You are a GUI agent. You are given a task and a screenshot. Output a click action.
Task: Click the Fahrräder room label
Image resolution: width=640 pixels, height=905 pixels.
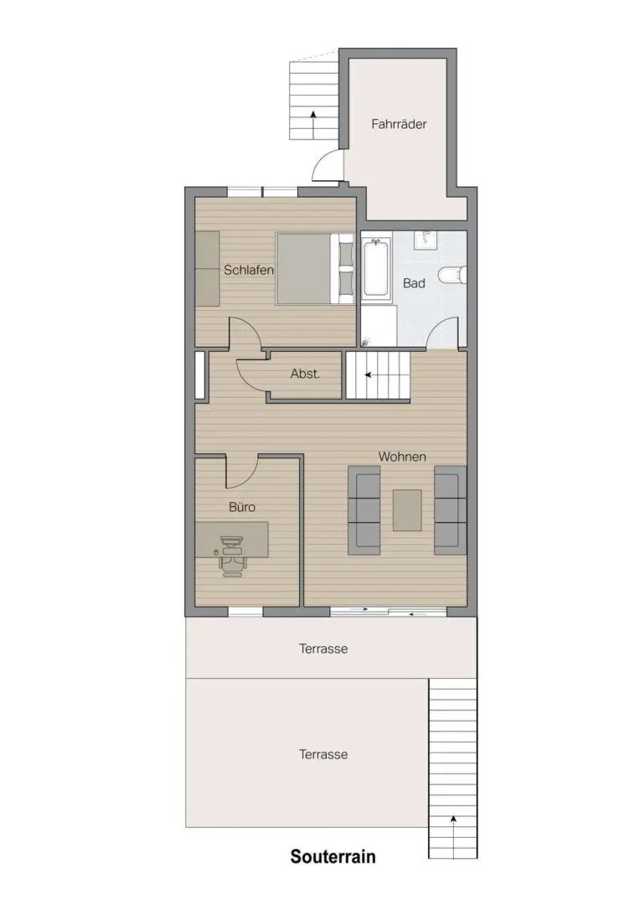coord(399,124)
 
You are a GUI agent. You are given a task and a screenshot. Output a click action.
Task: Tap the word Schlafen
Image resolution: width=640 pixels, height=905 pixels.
coord(249,270)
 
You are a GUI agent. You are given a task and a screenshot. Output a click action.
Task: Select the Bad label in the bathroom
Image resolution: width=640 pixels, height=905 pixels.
coord(414,283)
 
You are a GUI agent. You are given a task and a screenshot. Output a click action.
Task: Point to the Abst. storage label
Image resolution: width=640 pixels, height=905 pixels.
coord(305,374)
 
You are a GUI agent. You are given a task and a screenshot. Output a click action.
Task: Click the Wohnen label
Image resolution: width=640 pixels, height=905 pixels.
coord(402,457)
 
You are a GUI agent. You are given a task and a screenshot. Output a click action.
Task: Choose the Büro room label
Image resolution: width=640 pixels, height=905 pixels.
coord(242,507)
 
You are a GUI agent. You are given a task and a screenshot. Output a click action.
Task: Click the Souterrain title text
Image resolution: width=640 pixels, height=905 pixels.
coord(333,856)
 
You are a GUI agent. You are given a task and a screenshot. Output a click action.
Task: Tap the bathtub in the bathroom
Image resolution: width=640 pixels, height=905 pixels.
coord(376,268)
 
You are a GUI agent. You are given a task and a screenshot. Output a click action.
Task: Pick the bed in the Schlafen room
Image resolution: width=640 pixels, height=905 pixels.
coord(315,268)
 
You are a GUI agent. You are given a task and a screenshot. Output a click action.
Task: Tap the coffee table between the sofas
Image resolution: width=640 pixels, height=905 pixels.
coord(407,510)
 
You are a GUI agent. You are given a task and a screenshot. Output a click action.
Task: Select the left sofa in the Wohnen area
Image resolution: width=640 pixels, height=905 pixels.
coord(364,511)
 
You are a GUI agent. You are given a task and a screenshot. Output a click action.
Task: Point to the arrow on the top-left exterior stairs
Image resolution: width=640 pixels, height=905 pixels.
coord(312,124)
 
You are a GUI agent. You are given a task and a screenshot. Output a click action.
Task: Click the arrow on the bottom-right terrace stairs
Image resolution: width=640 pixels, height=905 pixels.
coord(453,836)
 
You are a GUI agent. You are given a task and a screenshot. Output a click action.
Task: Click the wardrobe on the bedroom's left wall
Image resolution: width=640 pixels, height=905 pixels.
coord(208,269)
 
